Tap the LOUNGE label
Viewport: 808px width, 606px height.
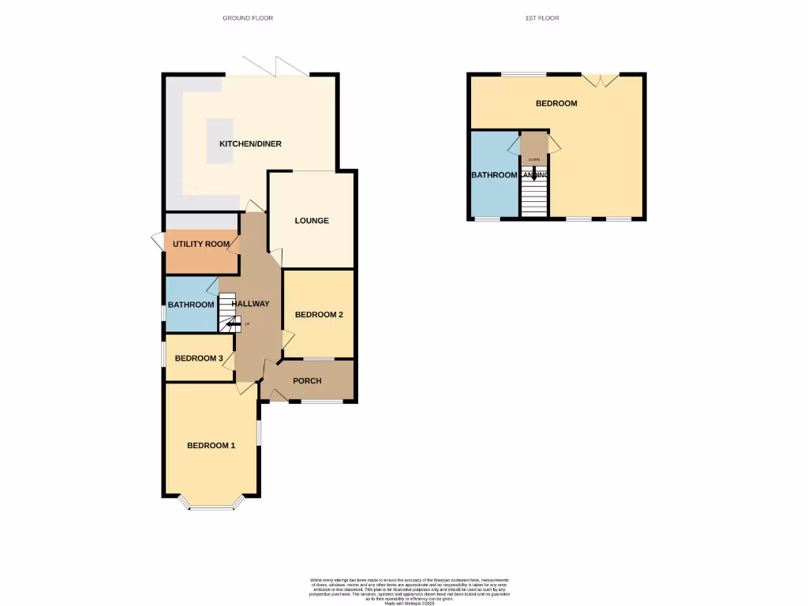point(312,221)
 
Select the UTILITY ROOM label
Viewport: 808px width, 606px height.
point(201,245)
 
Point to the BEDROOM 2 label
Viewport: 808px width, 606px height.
point(319,315)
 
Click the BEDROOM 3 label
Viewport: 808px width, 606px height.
point(198,358)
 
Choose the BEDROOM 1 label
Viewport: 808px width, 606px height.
point(211,446)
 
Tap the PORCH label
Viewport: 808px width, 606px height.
point(307,381)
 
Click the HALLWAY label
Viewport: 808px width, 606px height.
point(251,304)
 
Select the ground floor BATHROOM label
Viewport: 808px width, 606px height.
point(190,305)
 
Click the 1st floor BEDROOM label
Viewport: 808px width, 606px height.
point(556,103)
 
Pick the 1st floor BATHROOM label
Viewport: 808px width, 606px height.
point(494,175)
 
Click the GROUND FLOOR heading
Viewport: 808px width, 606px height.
point(248,17)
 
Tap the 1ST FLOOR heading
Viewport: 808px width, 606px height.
point(541,17)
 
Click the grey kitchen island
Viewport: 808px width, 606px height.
point(220,141)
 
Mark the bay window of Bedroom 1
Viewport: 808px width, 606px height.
point(211,504)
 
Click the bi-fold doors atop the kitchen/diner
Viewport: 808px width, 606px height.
point(275,68)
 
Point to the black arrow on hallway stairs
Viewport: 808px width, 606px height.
point(233,323)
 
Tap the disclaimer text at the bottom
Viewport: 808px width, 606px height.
point(410,591)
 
